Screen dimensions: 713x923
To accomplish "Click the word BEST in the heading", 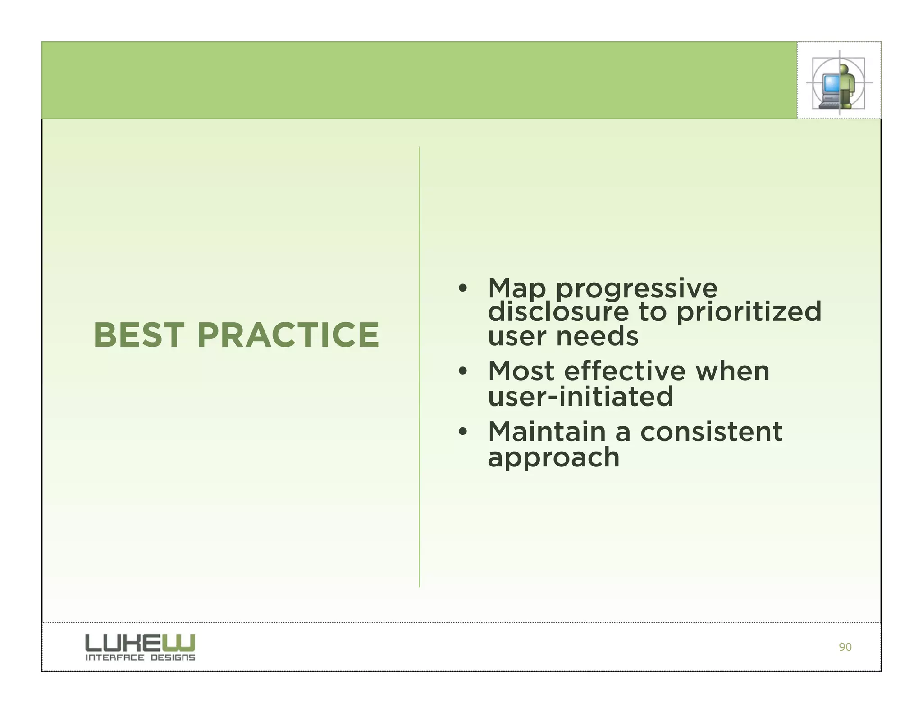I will [x=138, y=335].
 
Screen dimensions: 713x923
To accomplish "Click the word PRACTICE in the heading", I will [x=288, y=335].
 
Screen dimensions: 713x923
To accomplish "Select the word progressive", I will [x=636, y=289].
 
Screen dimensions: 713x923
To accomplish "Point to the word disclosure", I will [x=558, y=312].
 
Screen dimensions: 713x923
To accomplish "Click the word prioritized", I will [x=749, y=312].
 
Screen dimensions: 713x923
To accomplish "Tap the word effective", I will [x=625, y=371].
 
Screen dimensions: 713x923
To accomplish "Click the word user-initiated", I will [x=580, y=397].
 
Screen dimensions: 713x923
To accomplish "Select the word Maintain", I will [x=547, y=432].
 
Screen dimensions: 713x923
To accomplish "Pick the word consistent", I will [x=711, y=432].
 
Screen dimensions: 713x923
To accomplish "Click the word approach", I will [x=553, y=458].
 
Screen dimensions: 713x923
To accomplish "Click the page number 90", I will [x=845, y=647].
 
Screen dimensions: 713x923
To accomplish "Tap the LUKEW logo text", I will [x=140, y=642].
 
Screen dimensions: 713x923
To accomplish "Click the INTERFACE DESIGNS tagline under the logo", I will [x=140, y=658].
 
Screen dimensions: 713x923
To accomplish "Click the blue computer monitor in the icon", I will [x=830, y=84].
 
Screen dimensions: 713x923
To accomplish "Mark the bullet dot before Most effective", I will [x=462, y=372].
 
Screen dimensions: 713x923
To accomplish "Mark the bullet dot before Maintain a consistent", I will [x=462, y=432].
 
